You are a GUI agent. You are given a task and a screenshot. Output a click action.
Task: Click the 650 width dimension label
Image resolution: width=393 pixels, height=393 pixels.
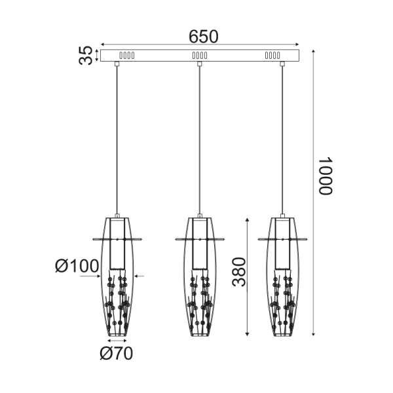(204, 37)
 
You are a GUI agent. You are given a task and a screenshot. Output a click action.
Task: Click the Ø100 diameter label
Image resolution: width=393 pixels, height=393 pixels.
(77, 266)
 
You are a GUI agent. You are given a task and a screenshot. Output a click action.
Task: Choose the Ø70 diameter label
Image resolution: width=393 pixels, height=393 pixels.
(117, 354)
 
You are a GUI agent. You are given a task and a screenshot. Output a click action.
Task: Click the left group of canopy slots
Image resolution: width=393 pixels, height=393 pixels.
(126, 56)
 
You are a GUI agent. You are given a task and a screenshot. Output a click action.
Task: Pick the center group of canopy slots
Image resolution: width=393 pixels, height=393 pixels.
(200, 56)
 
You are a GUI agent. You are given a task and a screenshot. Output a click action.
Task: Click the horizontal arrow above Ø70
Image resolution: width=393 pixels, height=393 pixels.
(117, 341)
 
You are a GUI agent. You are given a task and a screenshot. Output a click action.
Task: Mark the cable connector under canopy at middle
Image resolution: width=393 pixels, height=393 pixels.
(200, 64)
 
